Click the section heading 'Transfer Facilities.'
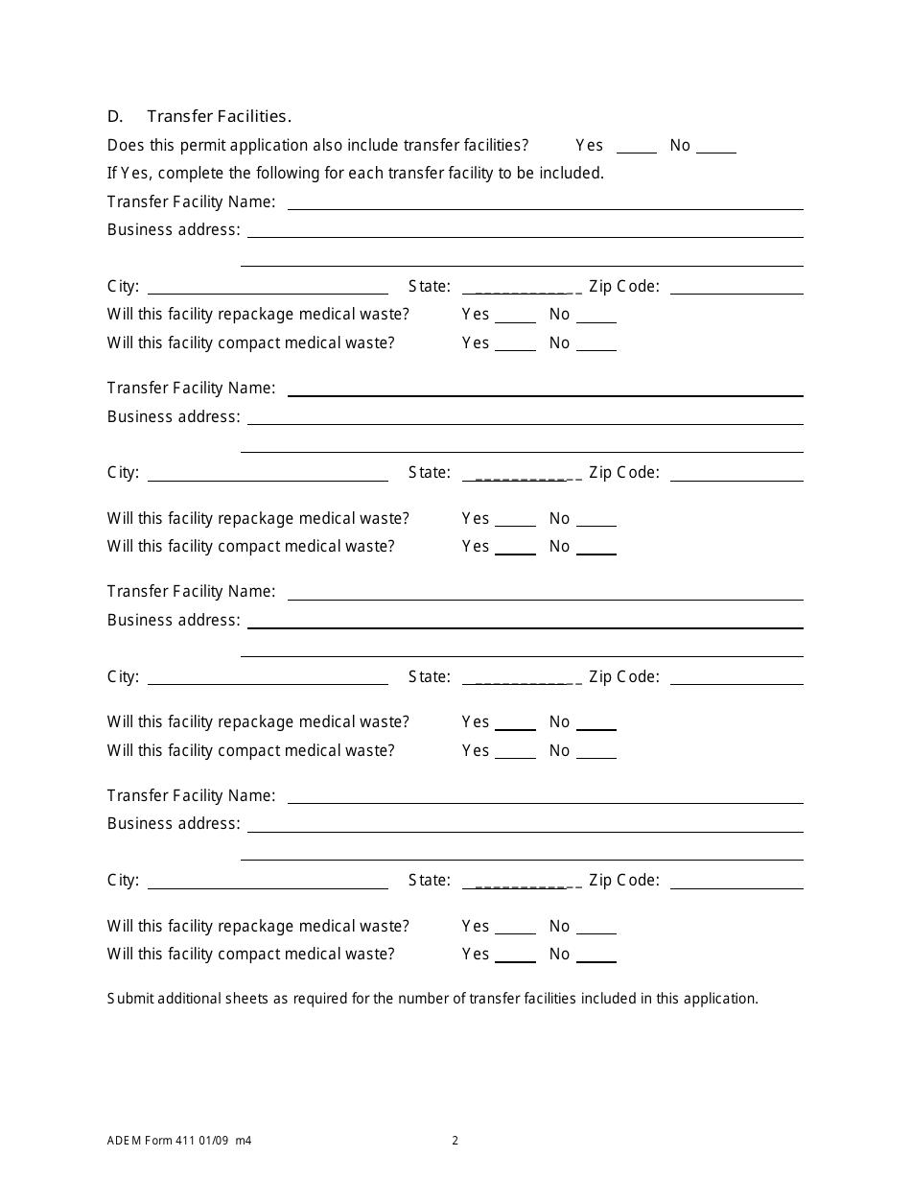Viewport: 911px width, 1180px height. pos(219,116)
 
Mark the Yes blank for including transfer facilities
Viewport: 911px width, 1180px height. pos(636,147)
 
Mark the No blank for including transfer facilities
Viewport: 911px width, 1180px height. pos(715,147)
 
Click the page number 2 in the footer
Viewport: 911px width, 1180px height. pos(455,1141)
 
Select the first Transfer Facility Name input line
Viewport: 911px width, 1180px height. pos(545,202)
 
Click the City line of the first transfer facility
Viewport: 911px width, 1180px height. pos(268,287)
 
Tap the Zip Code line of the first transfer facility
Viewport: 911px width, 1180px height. pos(736,287)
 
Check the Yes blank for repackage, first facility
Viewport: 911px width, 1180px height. pos(515,316)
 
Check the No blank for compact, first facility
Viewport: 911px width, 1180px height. pos(596,344)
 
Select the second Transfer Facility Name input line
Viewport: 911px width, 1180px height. pos(545,389)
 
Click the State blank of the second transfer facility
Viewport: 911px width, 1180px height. pos(522,473)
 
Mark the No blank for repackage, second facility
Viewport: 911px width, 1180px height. pos(596,520)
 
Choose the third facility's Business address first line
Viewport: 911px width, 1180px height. pos(525,621)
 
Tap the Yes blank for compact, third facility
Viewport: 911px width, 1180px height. pos(515,752)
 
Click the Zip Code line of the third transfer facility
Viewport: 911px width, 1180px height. pos(736,677)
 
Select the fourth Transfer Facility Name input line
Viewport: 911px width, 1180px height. pos(545,796)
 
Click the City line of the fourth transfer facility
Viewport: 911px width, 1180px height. pos(268,882)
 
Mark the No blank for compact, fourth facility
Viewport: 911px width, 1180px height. pos(596,956)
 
